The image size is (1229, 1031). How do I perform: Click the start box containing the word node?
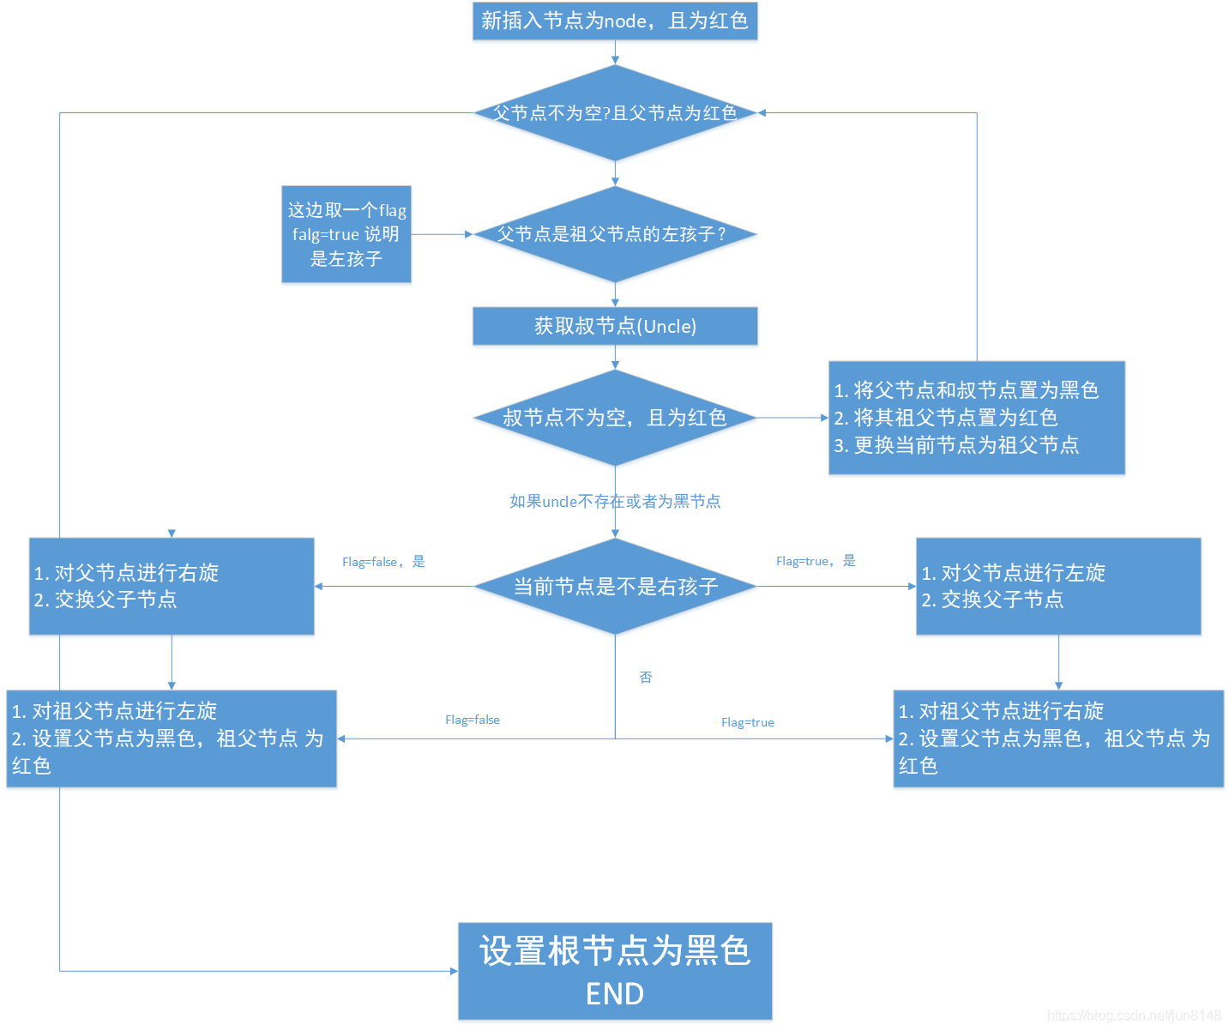615,21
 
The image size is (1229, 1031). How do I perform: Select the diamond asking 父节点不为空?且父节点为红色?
615,113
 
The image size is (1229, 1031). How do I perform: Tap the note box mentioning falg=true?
346,234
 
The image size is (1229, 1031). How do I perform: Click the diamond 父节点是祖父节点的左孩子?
615,234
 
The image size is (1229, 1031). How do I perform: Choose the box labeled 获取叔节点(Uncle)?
615,326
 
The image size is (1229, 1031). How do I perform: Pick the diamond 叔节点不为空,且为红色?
615,418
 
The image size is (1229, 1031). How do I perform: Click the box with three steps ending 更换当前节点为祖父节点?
976,418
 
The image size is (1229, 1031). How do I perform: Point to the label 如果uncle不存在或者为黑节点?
615,501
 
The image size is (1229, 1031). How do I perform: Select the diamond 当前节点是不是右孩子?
615,587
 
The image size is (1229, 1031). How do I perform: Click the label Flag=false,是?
383,562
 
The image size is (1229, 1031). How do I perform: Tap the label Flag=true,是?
816,561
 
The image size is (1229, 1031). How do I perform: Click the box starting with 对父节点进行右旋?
172,587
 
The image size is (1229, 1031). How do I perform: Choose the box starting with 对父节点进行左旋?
1058,587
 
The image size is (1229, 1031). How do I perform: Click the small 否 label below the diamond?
646,678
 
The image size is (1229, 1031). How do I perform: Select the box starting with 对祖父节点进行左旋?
172,739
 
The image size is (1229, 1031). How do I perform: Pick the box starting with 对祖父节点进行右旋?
1058,739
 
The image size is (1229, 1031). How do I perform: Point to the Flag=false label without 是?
473,720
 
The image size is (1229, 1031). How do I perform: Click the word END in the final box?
615,993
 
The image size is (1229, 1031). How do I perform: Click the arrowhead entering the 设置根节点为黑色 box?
454,971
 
